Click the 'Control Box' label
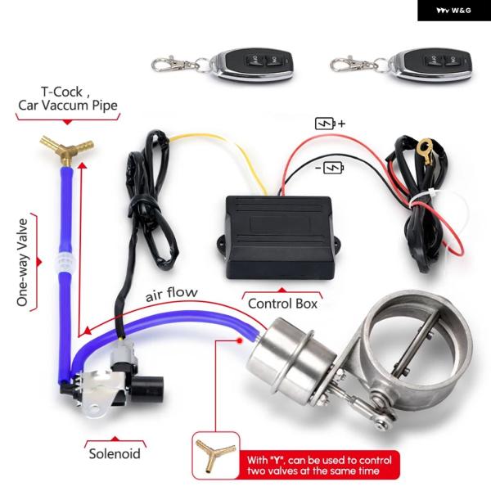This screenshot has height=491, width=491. click(x=282, y=303)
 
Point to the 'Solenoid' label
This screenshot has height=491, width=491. click(x=114, y=453)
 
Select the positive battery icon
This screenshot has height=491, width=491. click(x=326, y=124)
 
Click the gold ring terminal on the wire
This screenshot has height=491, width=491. click(x=422, y=151)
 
